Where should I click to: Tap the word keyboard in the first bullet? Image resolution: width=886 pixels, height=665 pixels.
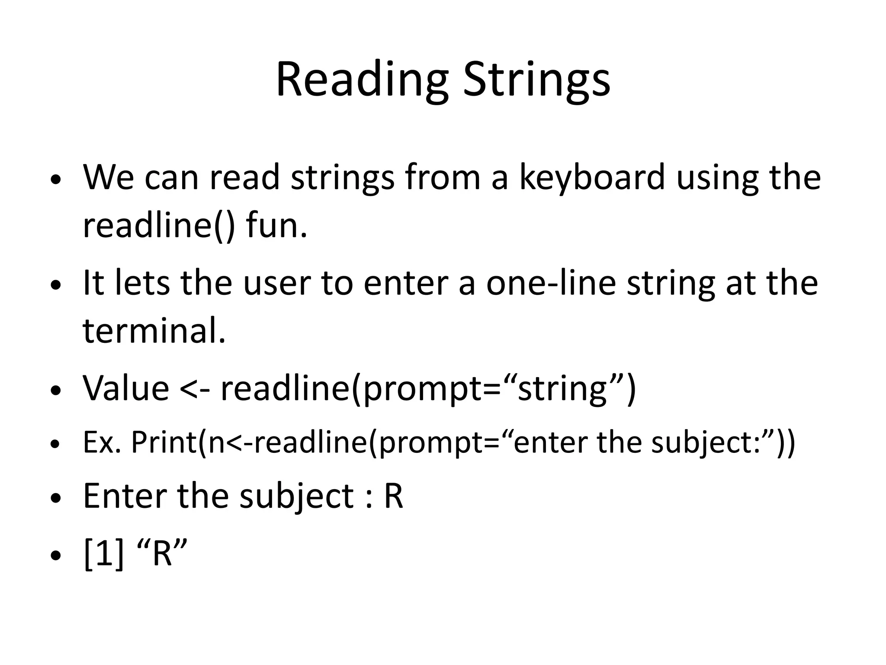point(591,178)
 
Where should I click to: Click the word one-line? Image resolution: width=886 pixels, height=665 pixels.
point(551,283)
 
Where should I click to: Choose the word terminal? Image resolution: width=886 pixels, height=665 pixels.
point(154,331)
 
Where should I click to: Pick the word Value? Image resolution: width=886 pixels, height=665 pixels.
point(126,388)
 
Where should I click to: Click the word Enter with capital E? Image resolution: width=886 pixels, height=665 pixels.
point(125,496)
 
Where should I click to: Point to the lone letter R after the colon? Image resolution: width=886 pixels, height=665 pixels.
point(393,496)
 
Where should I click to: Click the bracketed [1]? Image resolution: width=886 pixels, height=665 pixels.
point(104,554)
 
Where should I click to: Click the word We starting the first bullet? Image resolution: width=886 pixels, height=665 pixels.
point(108,178)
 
